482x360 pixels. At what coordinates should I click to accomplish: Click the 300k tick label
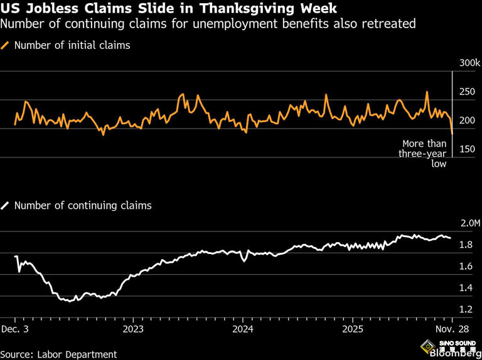469,63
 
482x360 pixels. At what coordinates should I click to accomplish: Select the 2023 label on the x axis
133,329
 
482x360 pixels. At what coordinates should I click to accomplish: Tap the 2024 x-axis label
243,329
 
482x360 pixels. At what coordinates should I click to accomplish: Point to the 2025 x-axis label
353,329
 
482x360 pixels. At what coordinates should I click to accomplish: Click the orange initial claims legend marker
6,45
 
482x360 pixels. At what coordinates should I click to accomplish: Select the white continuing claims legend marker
6,205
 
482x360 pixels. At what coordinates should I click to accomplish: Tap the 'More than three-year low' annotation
424,154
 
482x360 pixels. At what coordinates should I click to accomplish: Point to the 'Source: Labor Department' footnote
59,354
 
